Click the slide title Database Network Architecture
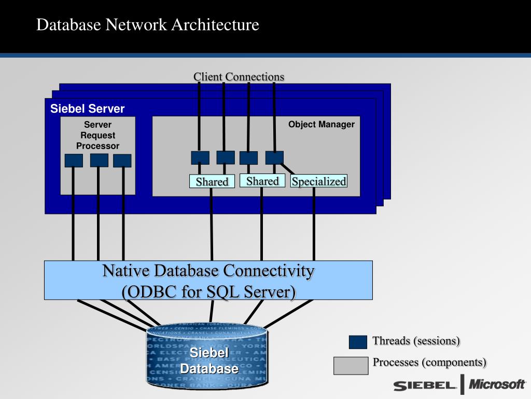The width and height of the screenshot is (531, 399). [147, 24]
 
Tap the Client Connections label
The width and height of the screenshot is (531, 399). [239, 77]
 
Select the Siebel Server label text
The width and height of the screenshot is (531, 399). [87, 109]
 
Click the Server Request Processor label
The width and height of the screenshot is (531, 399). [97, 135]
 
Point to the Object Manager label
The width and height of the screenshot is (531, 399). [322, 124]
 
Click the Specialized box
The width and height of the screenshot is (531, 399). [318, 181]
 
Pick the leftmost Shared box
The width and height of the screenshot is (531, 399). [212, 181]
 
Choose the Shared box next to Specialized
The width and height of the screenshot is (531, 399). [262, 181]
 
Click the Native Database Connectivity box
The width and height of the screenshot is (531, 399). [208, 281]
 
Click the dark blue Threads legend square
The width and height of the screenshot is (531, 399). [358, 342]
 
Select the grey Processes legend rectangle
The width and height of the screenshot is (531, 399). [351, 365]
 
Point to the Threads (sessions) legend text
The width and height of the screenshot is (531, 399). [416, 341]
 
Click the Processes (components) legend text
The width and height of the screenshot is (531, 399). [430, 362]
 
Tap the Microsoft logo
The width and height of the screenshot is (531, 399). [497, 384]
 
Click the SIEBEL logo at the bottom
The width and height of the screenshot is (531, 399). [425, 385]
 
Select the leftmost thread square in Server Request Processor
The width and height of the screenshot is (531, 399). [74, 161]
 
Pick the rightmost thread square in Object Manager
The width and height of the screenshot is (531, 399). [274, 157]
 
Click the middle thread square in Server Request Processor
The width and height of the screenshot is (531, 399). [99, 160]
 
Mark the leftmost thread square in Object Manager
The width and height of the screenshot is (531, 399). [200, 157]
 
